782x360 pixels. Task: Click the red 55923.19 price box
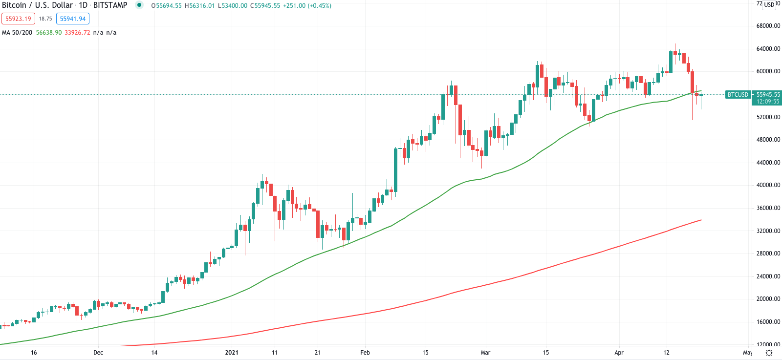tap(18, 19)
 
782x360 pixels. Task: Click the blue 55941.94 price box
tap(73, 19)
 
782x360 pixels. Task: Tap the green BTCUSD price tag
tap(738, 95)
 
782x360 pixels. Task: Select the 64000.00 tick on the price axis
tap(768, 49)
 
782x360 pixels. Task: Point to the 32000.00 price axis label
tap(768, 231)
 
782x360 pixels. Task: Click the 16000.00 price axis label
tap(768, 322)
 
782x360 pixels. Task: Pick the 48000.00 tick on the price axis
tap(768, 140)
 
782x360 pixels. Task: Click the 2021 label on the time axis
tap(232, 353)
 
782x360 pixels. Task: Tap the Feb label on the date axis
tap(365, 353)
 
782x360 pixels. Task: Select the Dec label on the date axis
tap(98, 353)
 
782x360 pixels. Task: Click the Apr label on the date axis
tap(619, 353)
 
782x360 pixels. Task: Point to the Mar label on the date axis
tap(485, 353)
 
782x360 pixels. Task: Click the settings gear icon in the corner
tap(769, 353)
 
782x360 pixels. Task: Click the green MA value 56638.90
tap(49, 33)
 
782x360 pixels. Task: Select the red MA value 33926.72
tap(77, 33)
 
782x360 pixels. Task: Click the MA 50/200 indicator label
tap(17, 33)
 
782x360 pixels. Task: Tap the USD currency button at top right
tap(769, 5)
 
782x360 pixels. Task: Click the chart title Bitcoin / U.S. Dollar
tap(37, 5)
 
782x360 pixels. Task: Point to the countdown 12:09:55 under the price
tap(768, 102)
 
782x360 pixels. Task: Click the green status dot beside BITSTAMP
tap(140, 5)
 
